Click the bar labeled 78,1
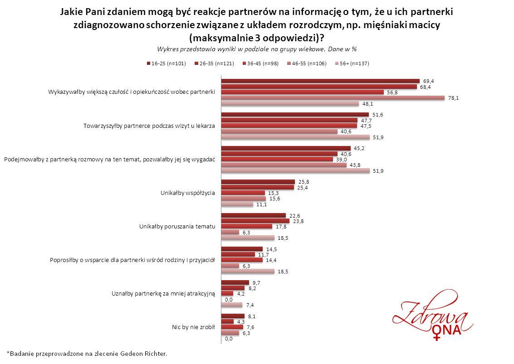333,98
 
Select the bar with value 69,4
320,81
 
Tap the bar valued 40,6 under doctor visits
279,132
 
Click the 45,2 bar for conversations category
286,149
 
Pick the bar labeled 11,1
237,204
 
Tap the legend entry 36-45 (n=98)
258,63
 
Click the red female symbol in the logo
437,336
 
